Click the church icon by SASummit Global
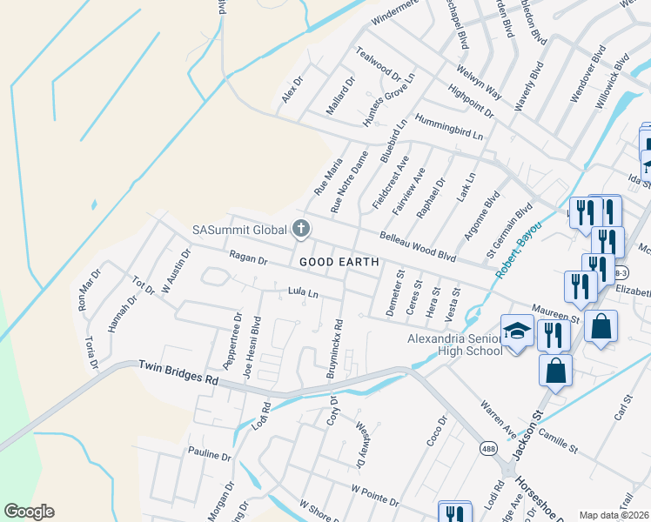[301, 230]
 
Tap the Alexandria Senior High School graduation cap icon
[517, 331]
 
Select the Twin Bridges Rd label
[178, 374]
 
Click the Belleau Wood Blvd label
[418, 245]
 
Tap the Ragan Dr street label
[247, 258]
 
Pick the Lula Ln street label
[304, 294]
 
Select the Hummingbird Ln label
[448, 127]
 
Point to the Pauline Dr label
[210, 454]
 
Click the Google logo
[29, 512]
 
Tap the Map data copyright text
[614, 515]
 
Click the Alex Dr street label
[291, 90]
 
